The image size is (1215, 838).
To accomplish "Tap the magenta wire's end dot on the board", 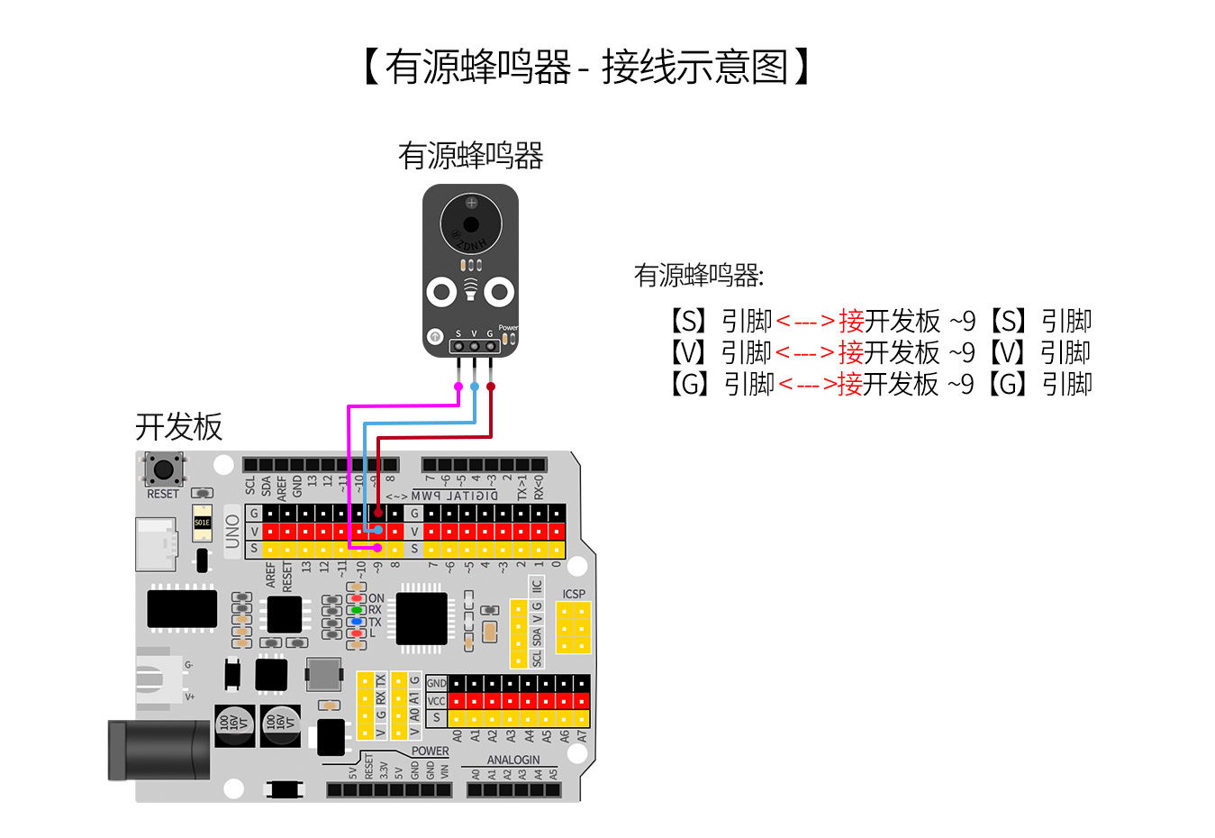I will tap(378, 547).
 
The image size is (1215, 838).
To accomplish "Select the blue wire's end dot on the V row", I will tap(378, 530).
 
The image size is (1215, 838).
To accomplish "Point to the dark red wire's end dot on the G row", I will tap(378, 512).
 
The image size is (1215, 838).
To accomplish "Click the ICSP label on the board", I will tap(574, 594).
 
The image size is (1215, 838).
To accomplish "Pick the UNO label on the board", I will tap(232, 532).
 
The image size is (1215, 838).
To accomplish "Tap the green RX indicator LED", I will tap(357, 610).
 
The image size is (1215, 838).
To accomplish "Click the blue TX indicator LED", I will tap(357, 622).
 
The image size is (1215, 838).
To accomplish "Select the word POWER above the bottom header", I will tap(430, 751).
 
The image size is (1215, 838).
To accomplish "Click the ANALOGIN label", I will tap(513, 760).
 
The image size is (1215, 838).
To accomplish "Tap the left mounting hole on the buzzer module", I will tap(441, 291).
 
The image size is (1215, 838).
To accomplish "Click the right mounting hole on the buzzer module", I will tap(499, 291).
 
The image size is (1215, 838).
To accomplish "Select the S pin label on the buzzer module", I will tap(458, 333).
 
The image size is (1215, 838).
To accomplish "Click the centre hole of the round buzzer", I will tap(471, 224).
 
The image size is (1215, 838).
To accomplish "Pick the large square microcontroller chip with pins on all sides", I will tap(421, 618).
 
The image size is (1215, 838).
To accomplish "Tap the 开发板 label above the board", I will tap(178, 426).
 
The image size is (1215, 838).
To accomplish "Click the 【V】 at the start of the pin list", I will tap(688, 352).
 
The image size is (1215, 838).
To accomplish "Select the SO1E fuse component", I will tap(202, 523).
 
